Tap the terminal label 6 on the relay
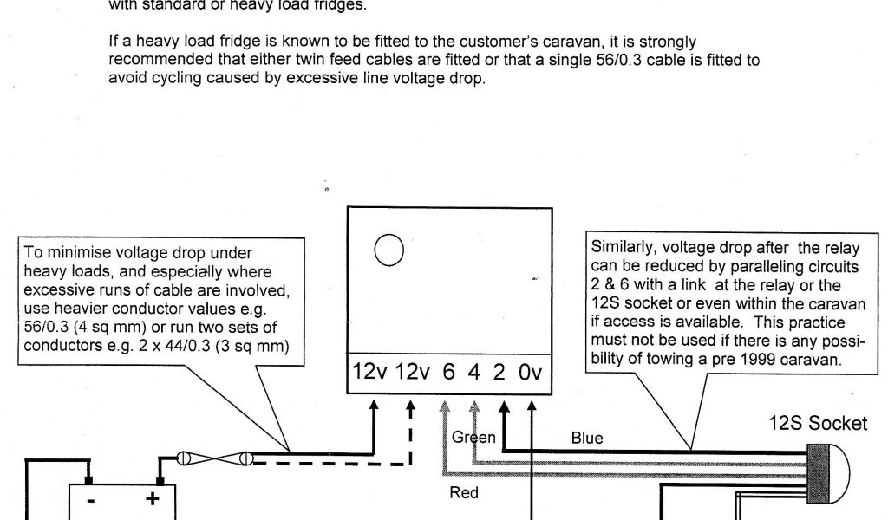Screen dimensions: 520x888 tap(448, 372)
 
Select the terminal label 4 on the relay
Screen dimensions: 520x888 tap(474, 372)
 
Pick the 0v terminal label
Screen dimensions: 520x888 tap(531, 372)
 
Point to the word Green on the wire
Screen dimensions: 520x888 tap(473, 438)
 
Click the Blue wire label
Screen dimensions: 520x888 tap(587, 438)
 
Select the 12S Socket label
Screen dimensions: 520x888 tap(817, 423)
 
